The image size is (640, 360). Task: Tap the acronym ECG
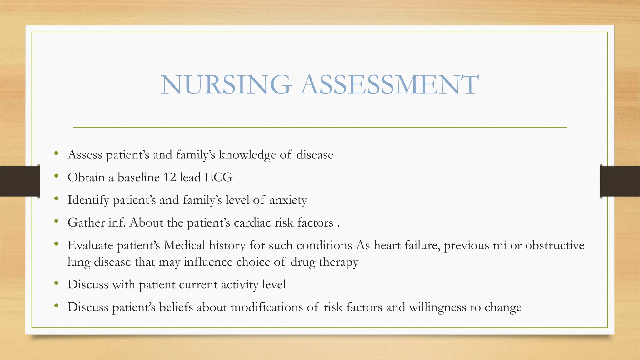(218, 177)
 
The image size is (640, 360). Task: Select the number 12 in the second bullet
(170, 177)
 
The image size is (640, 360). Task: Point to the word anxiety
(288, 200)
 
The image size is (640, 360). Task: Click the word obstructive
(554, 245)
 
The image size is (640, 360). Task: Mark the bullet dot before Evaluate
(56, 244)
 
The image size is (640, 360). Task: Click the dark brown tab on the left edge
(20, 181)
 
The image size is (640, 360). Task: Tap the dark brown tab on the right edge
(620, 181)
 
